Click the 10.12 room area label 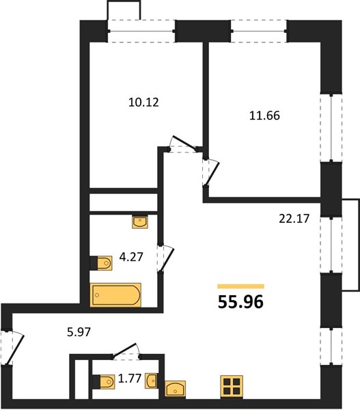[143, 102]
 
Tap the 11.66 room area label [264, 115]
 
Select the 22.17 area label [294, 219]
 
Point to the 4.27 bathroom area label [131, 257]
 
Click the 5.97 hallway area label [79, 332]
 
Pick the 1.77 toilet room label [130, 378]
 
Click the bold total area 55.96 [240, 302]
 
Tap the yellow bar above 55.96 [240, 286]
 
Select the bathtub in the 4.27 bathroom [115, 295]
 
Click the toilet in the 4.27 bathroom [101, 263]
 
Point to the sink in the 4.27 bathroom [140, 222]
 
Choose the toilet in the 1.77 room [104, 382]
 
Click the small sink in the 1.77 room [152, 381]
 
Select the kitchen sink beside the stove [175, 388]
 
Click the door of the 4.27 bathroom [166, 258]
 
